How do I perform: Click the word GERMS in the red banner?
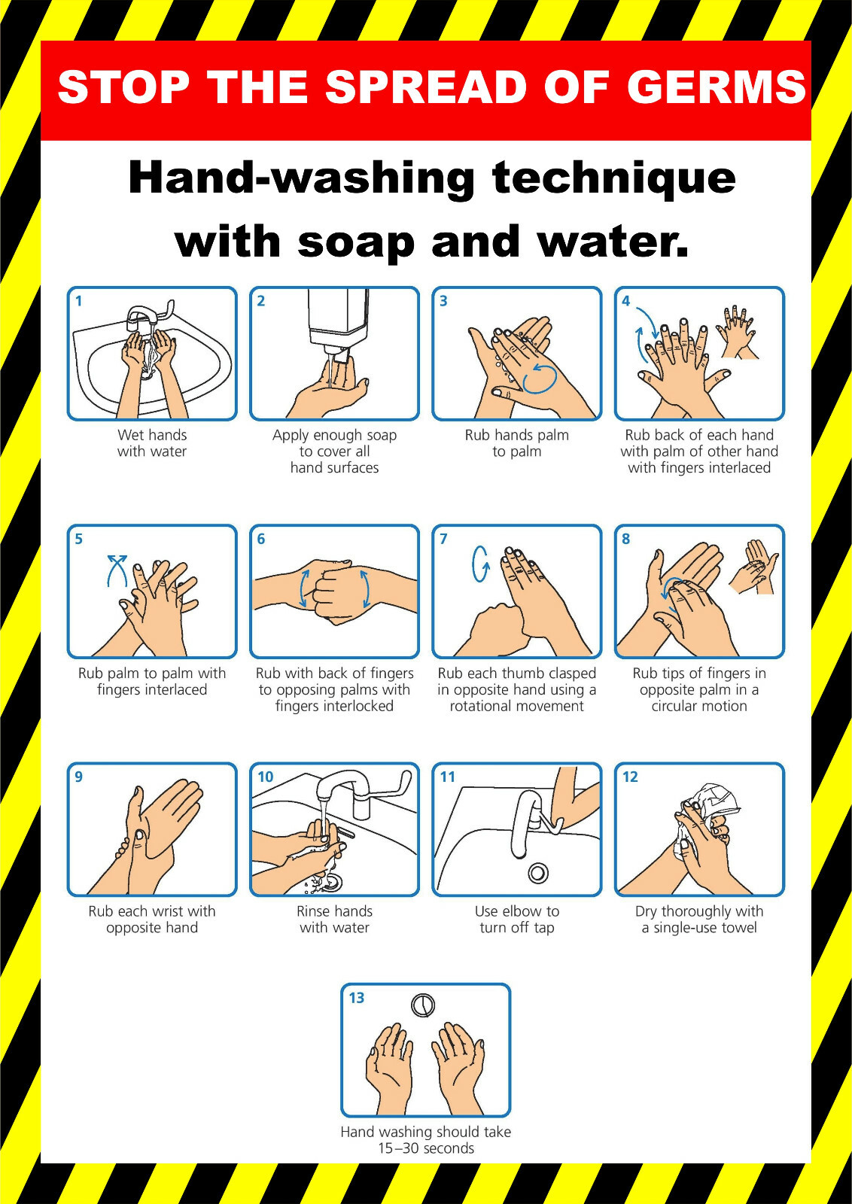pyautogui.click(x=717, y=87)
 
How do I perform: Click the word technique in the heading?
pyautogui.click(x=613, y=178)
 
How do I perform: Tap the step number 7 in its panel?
pyautogui.click(x=443, y=539)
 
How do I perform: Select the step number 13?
pyautogui.click(x=356, y=998)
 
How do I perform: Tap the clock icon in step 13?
pyautogui.click(x=423, y=1005)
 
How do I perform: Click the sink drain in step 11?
pyautogui.click(x=537, y=873)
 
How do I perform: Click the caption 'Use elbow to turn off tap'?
pyautogui.click(x=517, y=920)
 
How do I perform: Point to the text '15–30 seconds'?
pyautogui.click(x=426, y=1148)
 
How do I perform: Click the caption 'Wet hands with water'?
pyautogui.click(x=152, y=443)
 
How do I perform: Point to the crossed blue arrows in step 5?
pyautogui.click(x=117, y=570)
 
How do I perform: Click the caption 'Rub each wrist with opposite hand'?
pyautogui.click(x=152, y=920)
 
